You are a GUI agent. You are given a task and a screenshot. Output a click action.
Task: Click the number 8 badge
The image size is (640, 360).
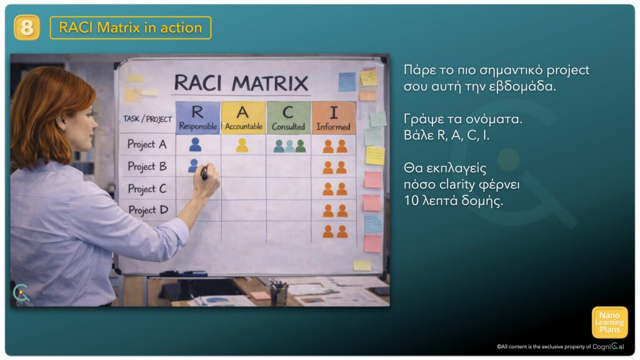point(26,27)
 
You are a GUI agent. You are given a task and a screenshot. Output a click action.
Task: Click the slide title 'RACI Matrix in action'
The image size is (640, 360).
point(131,27)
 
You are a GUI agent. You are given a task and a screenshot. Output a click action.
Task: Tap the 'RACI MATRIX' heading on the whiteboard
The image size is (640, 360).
point(241,83)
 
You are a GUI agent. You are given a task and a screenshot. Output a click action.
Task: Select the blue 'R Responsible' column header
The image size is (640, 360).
point(198,117)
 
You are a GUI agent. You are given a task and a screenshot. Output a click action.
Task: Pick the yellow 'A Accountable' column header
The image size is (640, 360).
point(243,117)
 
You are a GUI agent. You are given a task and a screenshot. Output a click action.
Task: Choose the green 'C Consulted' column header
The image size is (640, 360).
point(289,117)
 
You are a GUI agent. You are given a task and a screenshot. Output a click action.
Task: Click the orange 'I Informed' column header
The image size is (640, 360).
point(334,117)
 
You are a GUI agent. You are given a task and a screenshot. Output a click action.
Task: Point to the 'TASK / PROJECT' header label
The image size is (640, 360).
point(147,119)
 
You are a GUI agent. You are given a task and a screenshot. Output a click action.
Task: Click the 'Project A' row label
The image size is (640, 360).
point(147,144)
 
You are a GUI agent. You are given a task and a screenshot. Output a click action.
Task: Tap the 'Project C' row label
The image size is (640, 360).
point(147,189)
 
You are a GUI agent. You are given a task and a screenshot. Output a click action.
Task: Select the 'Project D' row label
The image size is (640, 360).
point(148,210)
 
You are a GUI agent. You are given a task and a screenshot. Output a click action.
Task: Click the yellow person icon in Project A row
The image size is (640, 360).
point(242,145)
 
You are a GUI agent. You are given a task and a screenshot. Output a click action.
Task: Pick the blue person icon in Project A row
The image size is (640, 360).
point(195,144)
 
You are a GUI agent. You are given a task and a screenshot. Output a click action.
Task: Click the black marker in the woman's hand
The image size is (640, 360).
point(204,173)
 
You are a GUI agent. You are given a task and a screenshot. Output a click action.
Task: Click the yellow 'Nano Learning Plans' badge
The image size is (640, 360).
point(609,322)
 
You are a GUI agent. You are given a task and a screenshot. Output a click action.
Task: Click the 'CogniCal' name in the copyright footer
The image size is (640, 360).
point(608,346)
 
